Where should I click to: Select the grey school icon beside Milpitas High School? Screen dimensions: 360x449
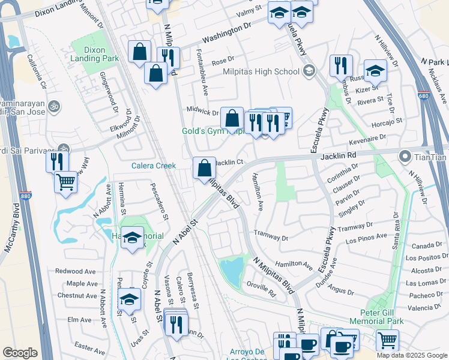click(309, 71)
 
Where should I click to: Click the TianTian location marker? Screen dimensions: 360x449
click(405, 157)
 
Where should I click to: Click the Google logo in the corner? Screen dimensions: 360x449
click(20, 353)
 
